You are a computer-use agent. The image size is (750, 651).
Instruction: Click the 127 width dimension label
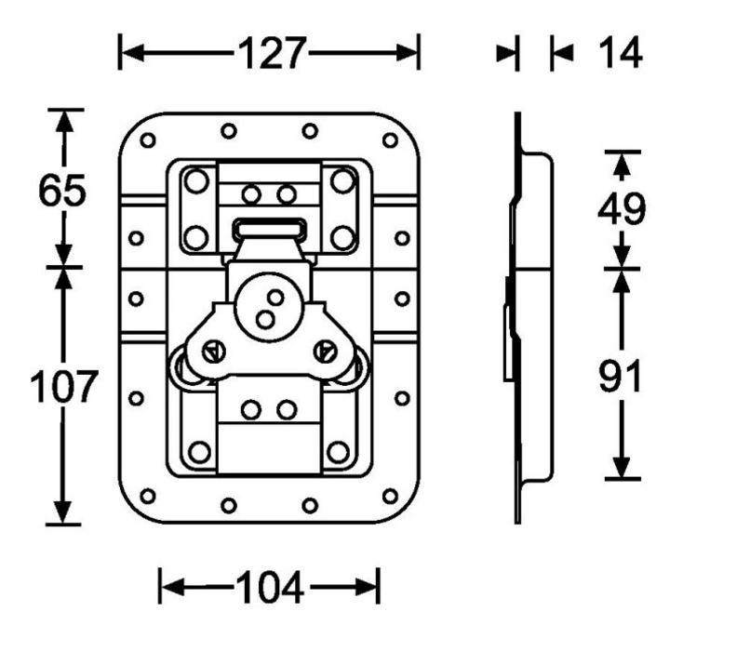tap(271, 53)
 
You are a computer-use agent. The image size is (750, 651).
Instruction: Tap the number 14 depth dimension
tap(619, 53)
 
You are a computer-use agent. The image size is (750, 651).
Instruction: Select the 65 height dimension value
tap(62, 191)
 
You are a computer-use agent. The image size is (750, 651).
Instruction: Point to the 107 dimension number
tap(62, 387)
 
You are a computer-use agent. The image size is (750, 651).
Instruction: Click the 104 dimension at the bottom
tap(268, 587)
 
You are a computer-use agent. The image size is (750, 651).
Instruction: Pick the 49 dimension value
tap(622, 210)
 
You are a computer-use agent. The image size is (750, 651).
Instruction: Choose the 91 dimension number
tap(622, 377)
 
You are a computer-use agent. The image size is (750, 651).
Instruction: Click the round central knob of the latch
tap(270, 308)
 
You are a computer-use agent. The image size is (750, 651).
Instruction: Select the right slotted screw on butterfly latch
tap(325, 351)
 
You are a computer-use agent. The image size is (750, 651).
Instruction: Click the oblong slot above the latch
tap(269, 226)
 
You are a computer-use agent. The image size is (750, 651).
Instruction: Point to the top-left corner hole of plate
tap(148, 140)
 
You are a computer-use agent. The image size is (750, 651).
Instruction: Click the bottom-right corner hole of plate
tap(391, 495)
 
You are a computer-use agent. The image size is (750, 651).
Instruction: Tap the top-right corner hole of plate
tap(391, 140)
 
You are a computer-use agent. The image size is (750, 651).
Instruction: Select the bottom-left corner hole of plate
tap(148, 495)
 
